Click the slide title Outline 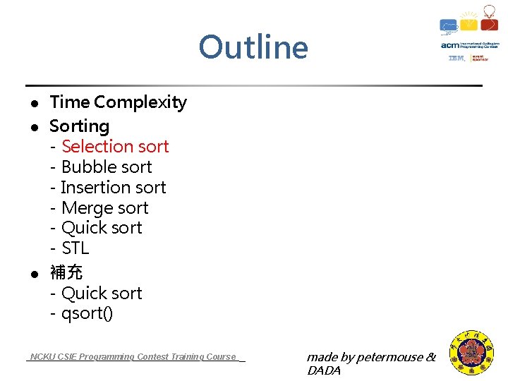coord(253,48)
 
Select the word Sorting coord(79,126)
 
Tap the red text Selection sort coord(115,147)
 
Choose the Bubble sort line coord(107,167)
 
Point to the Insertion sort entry coord(113,188)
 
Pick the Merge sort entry coord(104,208)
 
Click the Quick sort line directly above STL coord(102,228)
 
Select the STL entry coord(75,248)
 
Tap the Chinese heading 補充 coord(66,272)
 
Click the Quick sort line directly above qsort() coord(102,293)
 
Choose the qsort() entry coord(87,313)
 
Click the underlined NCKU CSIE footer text coord(133,357)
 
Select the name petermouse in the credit coord(389,358)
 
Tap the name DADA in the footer coord(324,371)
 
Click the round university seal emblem coord(472,353)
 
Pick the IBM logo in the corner coord(456,59)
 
